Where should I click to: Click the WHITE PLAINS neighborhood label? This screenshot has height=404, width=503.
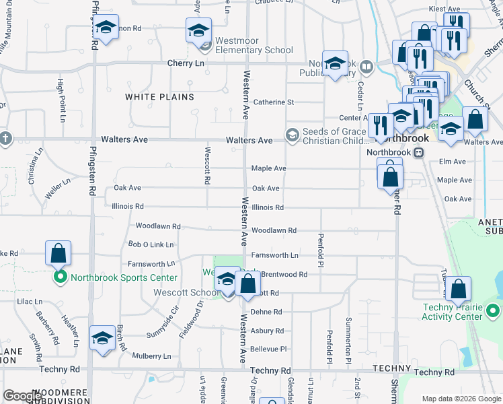[159, 97]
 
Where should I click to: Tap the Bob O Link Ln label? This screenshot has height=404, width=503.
[151, 244]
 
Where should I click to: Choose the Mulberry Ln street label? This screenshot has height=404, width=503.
[151, 356]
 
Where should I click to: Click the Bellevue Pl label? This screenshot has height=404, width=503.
[268, 349]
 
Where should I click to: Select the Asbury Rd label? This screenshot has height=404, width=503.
[266, 331]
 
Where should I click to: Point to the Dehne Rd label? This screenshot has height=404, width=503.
[266, 312]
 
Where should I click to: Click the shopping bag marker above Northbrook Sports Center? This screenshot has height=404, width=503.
[58, 253]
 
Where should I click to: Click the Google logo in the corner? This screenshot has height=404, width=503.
[22, 396]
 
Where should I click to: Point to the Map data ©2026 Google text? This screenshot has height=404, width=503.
[461, 399]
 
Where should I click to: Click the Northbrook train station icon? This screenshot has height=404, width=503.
[418, 152]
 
